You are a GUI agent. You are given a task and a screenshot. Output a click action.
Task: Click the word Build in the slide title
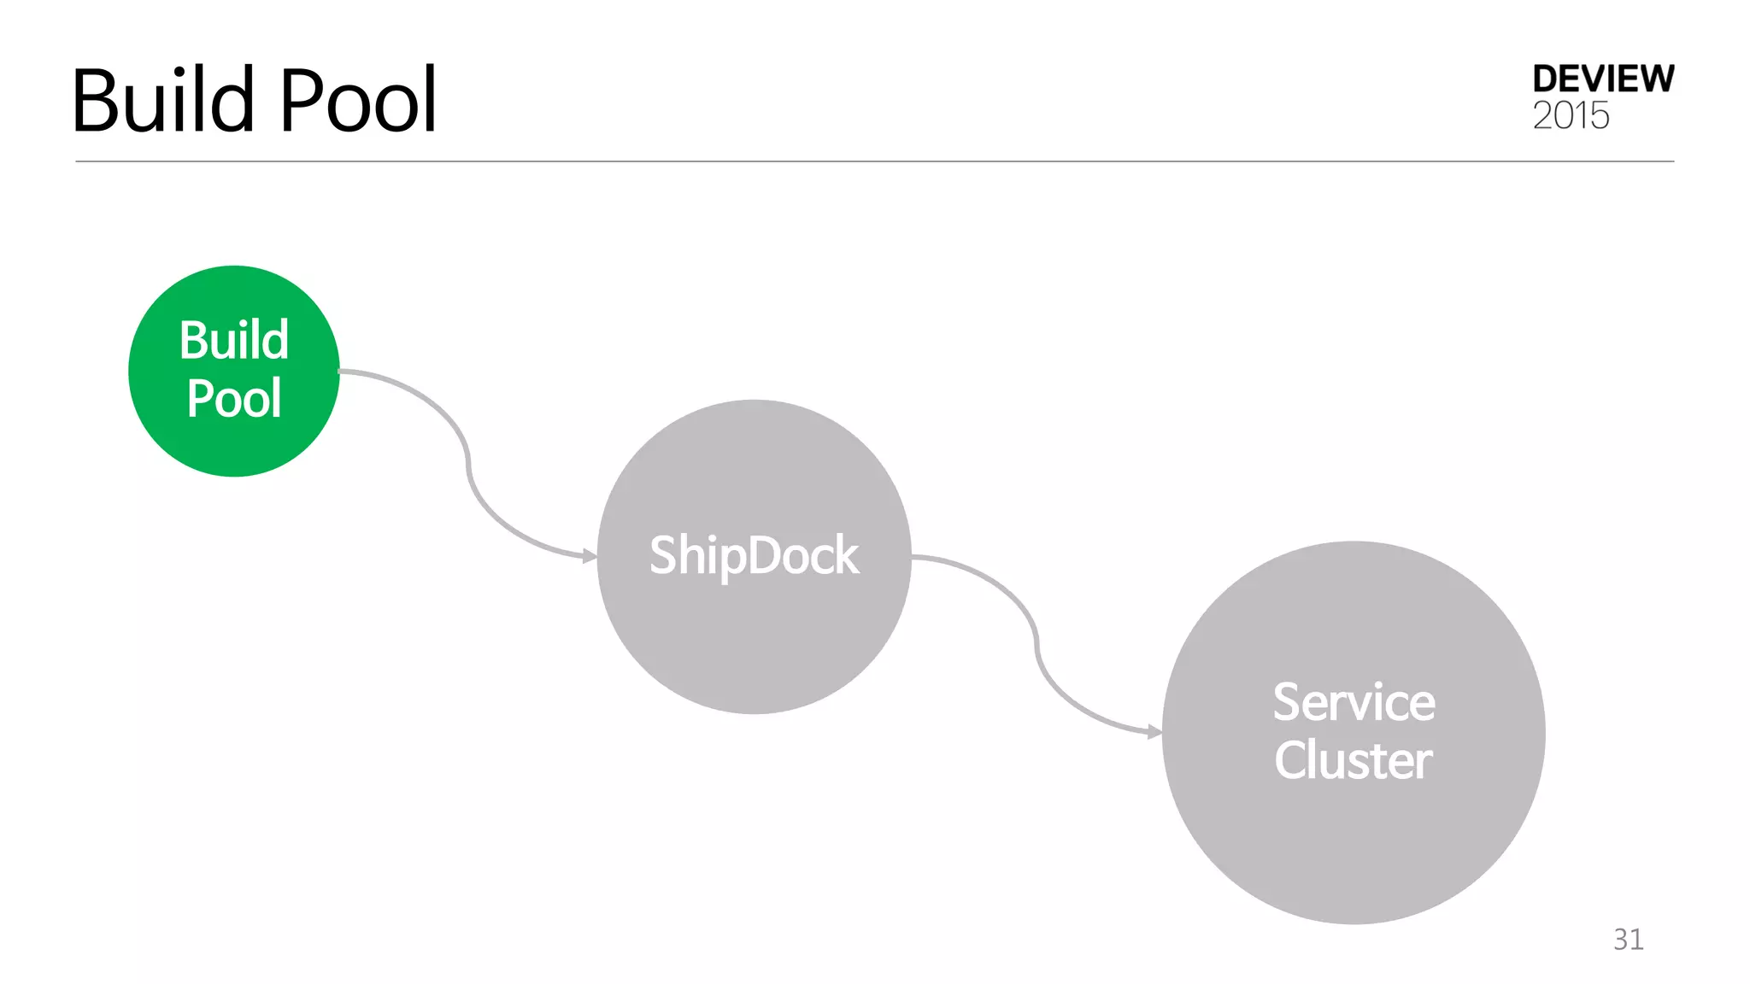point(162,101)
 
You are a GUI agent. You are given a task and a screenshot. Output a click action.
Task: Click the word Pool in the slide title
point(359,101)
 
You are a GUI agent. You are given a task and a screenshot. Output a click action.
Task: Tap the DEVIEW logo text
point(1603,79)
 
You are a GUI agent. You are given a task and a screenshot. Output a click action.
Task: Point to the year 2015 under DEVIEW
point(1571,116)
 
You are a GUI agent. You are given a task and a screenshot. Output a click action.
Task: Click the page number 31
point(1628,940)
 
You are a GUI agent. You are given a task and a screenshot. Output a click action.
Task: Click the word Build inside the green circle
point(234,340)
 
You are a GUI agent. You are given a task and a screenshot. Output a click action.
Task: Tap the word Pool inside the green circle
point(234,399)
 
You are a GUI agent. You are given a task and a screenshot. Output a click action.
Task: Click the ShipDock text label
point(754,555)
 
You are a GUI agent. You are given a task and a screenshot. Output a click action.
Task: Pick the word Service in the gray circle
point(1354,702)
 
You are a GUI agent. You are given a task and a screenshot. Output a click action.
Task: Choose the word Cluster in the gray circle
point(1354,760)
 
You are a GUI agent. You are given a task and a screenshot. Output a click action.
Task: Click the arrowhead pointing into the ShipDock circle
point(590,556)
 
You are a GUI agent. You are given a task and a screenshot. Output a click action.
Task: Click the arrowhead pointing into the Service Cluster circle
point(1155,732)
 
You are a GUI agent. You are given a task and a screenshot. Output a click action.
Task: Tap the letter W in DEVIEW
point(1654,79)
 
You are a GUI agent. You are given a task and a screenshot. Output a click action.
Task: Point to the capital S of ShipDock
point(663,555)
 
